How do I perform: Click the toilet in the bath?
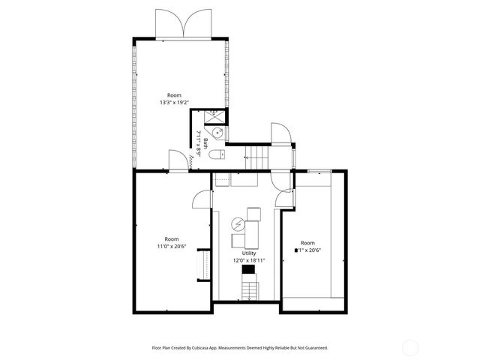(216, 155)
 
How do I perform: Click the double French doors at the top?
(182, 24)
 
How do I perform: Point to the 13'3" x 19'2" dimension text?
(175, 103)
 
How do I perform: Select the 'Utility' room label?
(249, 253)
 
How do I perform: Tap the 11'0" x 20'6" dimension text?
(171, 246)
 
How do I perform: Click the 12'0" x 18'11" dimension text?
(249, 261)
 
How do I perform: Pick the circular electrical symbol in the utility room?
(238, 223)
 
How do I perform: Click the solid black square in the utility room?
(248, 268)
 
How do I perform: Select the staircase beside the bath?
(259, 157)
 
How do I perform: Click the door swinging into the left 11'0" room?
(201, 198)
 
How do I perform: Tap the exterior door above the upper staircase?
(280, 133)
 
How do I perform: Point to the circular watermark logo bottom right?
(410, 346)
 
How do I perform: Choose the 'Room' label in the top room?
(175, 95)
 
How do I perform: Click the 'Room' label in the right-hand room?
(307, 242)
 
